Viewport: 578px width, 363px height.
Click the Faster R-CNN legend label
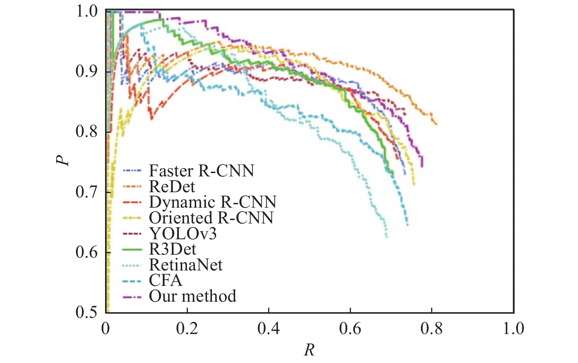(201, 171)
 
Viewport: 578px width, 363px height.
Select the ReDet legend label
(172, 187)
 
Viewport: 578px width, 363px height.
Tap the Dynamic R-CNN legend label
(213, 202)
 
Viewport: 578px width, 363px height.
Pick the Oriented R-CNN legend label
(211, 218)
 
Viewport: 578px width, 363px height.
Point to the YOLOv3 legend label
(183, 234)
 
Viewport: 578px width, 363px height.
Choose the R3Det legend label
(172, 249)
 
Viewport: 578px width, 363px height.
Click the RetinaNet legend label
(186, 265)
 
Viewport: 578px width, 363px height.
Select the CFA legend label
(165, 281)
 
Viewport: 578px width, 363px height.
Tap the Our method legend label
(192, 296)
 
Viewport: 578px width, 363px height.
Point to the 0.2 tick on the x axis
(187, 328)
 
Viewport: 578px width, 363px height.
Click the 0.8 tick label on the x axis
(432, 328)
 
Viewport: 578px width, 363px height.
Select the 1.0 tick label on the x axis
(514, 328)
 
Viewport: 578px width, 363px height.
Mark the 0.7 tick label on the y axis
(86, 192)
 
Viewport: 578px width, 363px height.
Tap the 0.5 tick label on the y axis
(86, 312)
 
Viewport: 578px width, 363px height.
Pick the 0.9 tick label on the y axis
(86, 71)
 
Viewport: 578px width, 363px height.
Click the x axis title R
(309, 350)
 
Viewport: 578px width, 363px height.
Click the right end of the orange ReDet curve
(436, 124)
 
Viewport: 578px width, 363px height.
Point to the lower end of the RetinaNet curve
(386, 237)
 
